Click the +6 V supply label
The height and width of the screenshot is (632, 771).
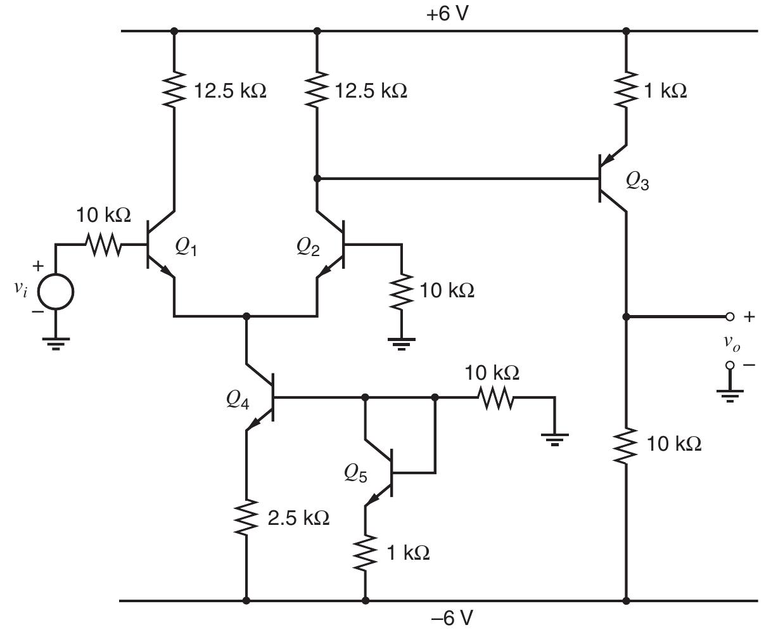pyautogui.click(x=447, y=14)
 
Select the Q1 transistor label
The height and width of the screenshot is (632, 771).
pyautogui.click(x=186, y=249)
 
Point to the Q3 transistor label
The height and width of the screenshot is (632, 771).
pyautogui.click(x=637, y=182)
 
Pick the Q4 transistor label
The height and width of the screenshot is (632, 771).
pyautogui.click(x=238, y=400)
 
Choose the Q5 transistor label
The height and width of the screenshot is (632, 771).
pyautogui.click(x=356, y=473)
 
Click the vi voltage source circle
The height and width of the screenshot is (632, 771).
pyautogui.click(x=56, y=292)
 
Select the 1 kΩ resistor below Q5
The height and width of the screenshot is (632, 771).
pyautogui.click(x=365, y=552)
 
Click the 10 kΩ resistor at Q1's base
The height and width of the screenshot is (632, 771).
pyautogui.click(x=105, y=245)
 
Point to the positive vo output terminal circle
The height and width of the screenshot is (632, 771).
pyautogui.click(x=730, y=316)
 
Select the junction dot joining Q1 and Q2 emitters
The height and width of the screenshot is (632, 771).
pyautogui.click(x=246, y=316)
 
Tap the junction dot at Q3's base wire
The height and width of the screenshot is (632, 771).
pyautogui.click(x=317, y=179)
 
